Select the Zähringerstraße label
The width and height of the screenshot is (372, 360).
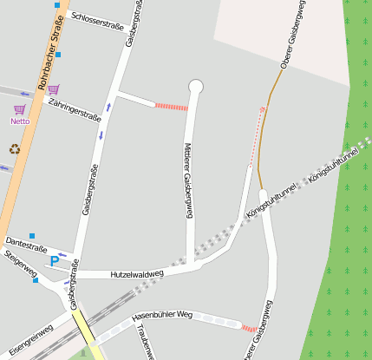[76, 112]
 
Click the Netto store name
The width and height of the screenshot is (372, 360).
[20, 121]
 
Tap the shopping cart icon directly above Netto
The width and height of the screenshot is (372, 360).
[19, 109]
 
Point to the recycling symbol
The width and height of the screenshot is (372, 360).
[15, 148]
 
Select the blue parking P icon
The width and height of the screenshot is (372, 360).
[55, 260]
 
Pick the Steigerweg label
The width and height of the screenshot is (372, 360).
[21, 265]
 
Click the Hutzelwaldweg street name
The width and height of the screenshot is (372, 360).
[137, 274]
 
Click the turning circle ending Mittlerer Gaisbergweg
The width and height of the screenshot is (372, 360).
[195, 86]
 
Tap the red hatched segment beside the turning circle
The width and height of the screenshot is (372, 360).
[171, 106]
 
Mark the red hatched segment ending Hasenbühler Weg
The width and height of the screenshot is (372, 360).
[249, 328]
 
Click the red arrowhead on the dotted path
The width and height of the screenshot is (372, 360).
[262, 109]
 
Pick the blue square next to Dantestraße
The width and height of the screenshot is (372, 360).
[32, 235]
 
